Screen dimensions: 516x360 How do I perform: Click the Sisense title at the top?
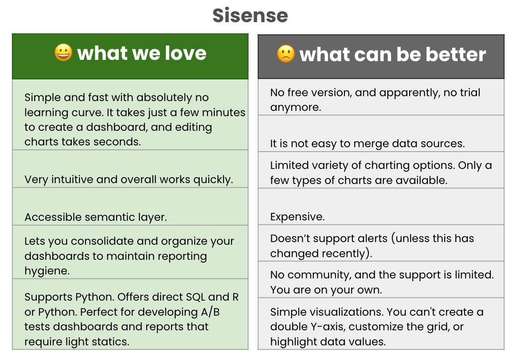coord(250,16)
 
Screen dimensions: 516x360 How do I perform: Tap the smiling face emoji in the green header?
coord(63,53)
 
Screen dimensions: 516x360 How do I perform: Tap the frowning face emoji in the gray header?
coord(286,54)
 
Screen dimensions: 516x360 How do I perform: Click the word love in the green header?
coord(186,53)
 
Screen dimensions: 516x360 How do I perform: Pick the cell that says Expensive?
coord(297,217)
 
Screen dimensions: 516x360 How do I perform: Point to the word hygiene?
coord(47,271)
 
